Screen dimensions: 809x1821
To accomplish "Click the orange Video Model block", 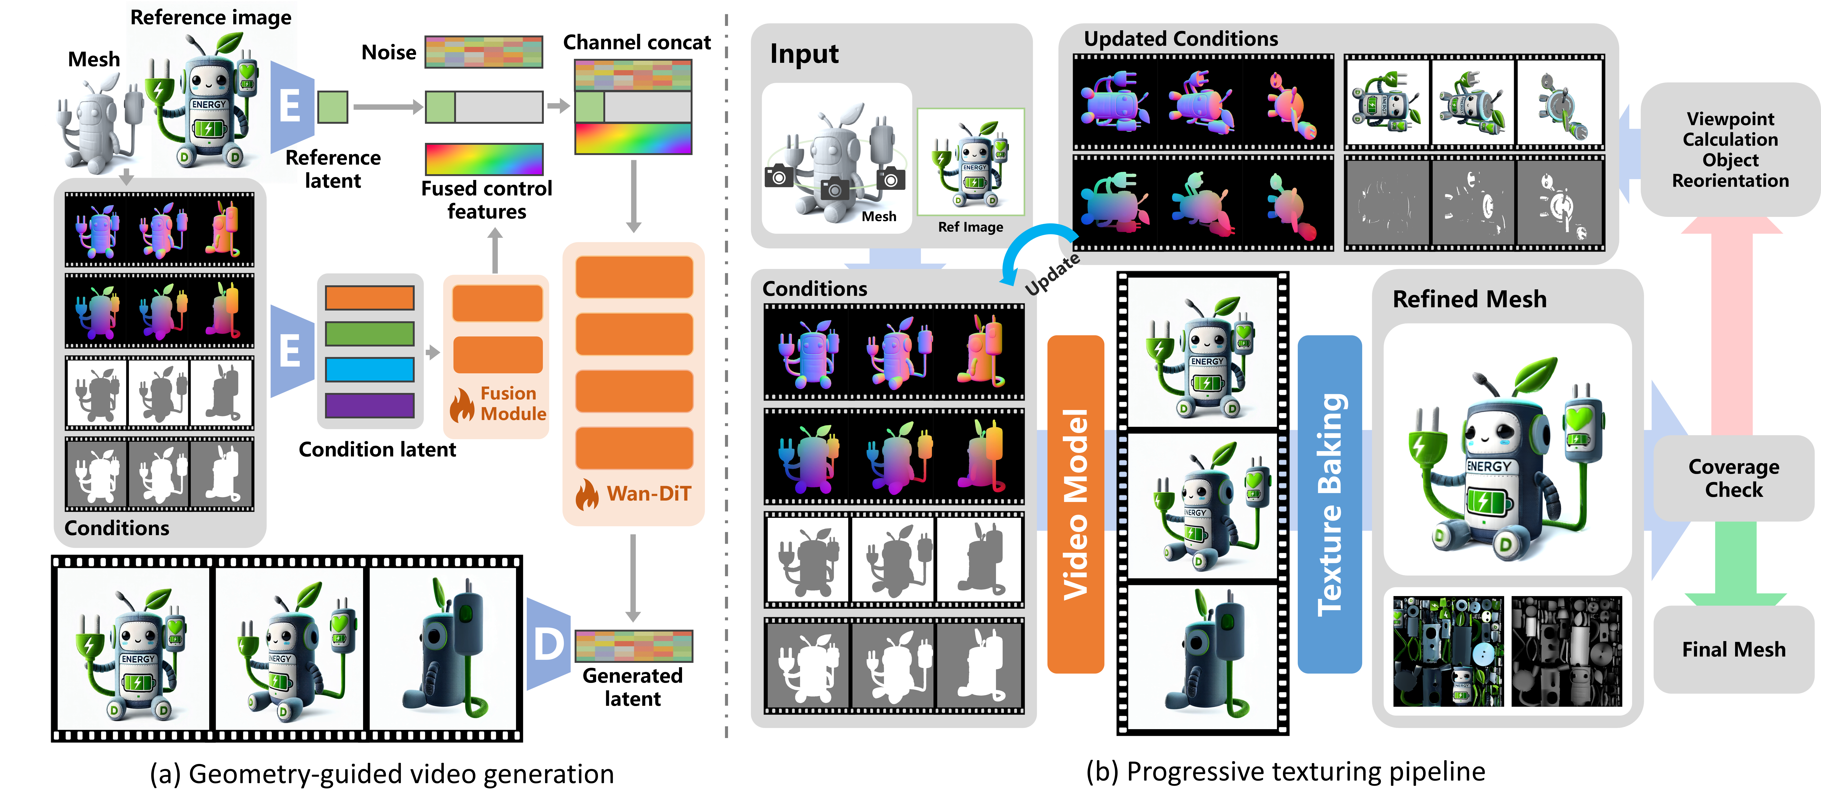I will pyautogui.click(x=1075, y=504).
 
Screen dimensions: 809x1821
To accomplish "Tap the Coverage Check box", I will pyautogui.click(x=1733, y=478).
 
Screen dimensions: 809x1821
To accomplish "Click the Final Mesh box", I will pyautogui.click(x=1733, y=649).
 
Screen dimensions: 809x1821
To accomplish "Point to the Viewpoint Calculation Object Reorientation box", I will pyautogui.click(x=1730, y=149).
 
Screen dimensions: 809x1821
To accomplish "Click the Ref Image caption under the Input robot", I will pyautogui.click(x=970, y=227).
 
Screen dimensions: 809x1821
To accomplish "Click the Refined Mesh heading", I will pyautogui.click(x=1469, y=299).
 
